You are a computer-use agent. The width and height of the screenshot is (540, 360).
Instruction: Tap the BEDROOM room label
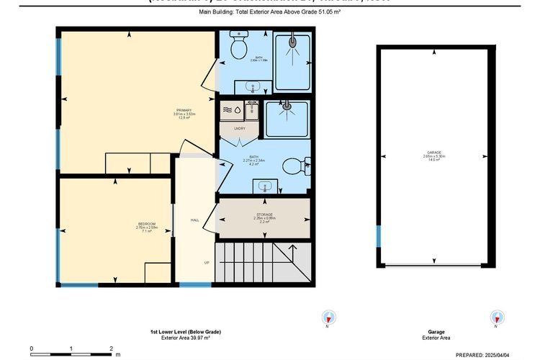tap(146, 225)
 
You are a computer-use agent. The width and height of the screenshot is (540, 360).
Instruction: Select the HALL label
tap(194, 220)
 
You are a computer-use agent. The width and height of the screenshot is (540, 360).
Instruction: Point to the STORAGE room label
tap(264, 215)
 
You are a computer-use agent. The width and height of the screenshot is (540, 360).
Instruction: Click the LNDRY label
tap(240, 128)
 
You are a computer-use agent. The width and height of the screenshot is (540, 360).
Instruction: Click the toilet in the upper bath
tap(238, 48)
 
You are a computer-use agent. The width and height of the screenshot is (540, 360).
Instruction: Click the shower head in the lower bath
tap(286, 107)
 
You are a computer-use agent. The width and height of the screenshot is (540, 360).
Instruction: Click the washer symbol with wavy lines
tap(229, 109)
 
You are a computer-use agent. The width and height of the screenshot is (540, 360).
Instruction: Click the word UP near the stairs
tap(207, 263)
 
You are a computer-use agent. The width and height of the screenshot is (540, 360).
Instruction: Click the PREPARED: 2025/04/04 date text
tap(497, 354)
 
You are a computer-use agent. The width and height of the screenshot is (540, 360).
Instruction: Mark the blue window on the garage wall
tap(378, 235)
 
